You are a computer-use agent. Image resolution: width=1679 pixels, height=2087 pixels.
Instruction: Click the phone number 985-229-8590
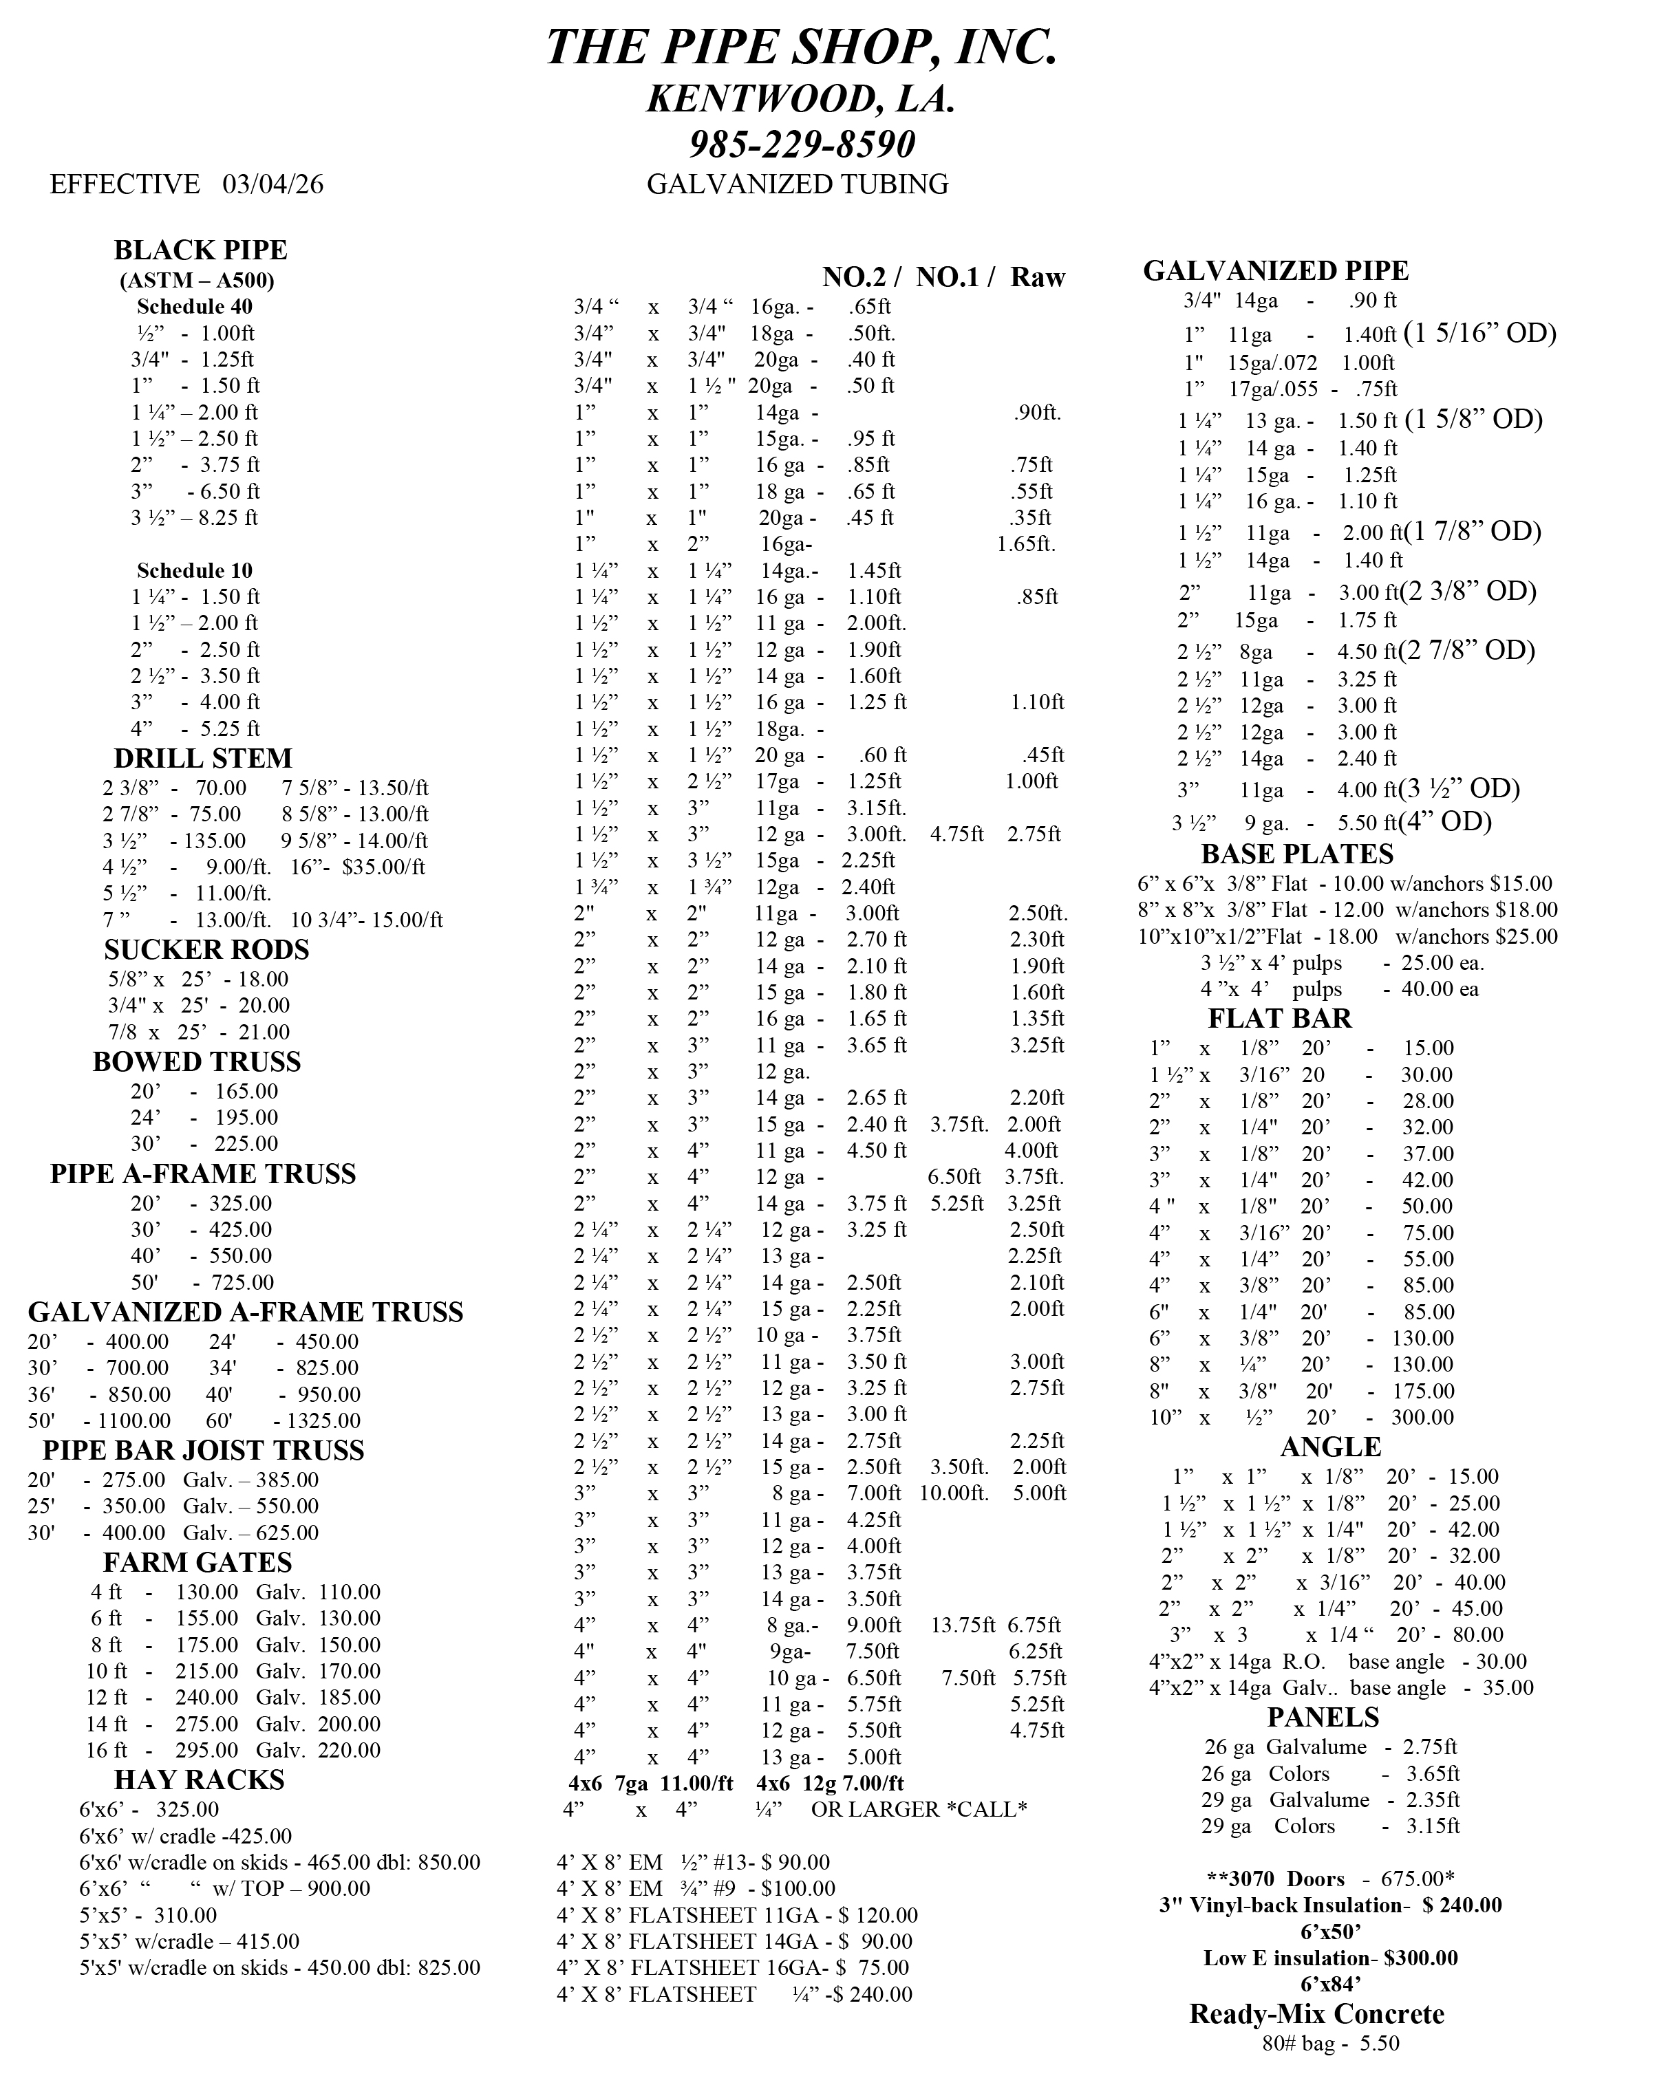click(802, 144)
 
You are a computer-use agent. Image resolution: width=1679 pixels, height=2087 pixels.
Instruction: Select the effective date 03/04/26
click(273, 184)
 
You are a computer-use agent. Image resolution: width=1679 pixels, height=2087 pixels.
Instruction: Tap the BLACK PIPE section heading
click(200, 250)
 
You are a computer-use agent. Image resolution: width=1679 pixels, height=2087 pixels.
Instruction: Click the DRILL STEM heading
click(202, 758)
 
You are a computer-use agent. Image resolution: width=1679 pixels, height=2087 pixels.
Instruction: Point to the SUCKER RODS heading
click(206, 949)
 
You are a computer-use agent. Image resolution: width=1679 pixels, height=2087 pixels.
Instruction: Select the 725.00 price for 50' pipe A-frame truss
click(242, 1282)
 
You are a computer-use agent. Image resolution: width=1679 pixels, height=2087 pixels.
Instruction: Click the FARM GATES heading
click(197, 1562)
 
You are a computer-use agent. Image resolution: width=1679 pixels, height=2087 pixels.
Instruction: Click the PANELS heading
click(1323, 1717)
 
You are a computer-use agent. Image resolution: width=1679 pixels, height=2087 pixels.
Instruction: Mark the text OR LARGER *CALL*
click(918, 1809)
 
